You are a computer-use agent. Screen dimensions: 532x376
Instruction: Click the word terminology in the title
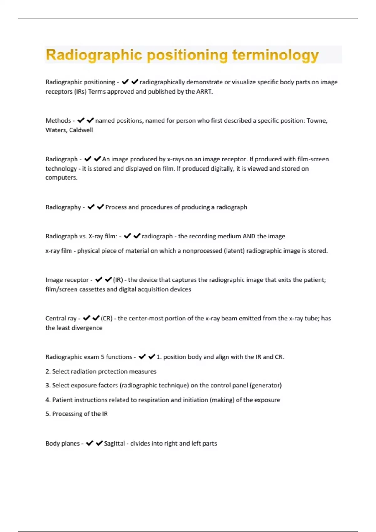(275, 55)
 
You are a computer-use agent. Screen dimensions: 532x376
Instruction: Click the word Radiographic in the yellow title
(94, 55)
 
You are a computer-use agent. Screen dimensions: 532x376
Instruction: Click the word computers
(61, 178)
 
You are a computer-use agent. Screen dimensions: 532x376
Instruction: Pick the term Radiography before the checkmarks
(63, 207)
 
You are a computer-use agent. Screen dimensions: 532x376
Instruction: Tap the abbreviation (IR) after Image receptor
(118, 280)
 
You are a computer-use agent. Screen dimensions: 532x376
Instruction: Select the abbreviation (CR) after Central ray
(107, 319)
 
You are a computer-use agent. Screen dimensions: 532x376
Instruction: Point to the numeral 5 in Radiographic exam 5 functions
(102, 357)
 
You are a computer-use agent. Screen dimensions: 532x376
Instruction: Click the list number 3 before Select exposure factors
(47, 386)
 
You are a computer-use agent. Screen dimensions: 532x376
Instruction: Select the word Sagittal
(114, 443)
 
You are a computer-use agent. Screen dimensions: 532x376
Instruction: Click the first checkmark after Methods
(81, 120)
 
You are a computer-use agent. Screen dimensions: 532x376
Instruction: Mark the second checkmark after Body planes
(99, 443)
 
